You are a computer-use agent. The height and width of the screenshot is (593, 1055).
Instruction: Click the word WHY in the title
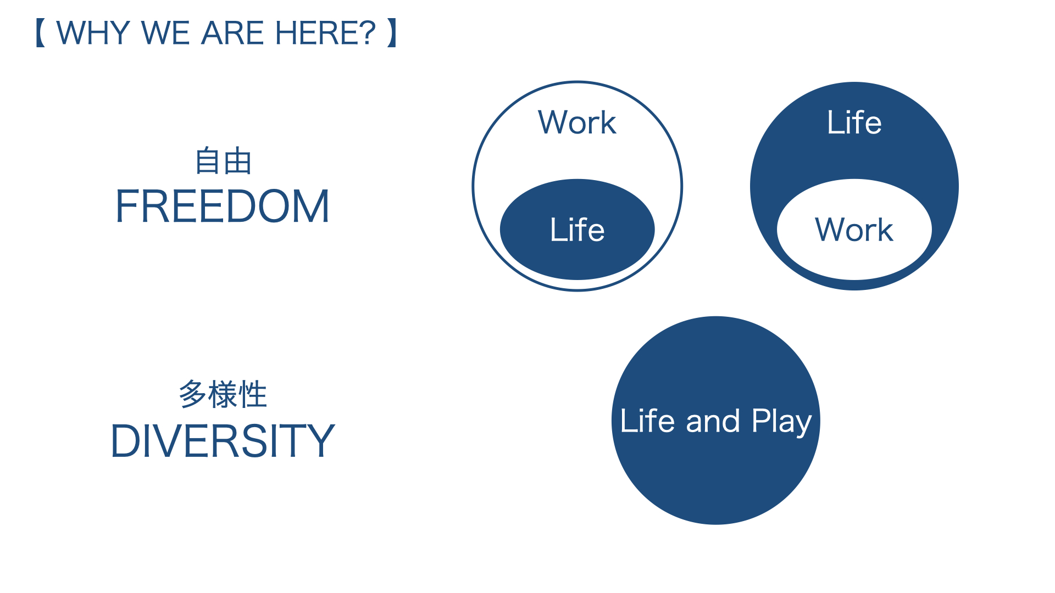[93, 33]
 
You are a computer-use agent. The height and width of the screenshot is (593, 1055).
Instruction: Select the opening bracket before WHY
[41, 33]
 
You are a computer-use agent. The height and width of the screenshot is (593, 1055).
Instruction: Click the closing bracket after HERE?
[392, 33]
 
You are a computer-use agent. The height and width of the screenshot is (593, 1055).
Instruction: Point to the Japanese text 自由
[224, 161]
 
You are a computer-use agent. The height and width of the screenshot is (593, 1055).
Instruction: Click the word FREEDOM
[223, 206]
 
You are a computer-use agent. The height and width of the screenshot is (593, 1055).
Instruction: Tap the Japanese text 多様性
[223, 394]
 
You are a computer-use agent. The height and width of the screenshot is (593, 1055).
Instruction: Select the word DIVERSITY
[223, 440]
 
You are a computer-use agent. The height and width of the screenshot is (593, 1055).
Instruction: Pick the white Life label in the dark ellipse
[577, 230]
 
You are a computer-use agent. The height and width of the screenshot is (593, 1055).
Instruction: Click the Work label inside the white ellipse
[854, 230]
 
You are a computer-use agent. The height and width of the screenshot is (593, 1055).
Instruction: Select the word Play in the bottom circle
[781, 422]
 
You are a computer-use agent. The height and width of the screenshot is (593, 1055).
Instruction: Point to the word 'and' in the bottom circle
[713, 421]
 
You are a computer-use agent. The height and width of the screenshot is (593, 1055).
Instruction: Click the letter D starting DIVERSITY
[126, 440]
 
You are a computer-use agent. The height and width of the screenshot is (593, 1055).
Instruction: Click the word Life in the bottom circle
[647, 421]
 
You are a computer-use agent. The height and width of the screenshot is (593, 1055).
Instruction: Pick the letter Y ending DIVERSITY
[320, 440]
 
